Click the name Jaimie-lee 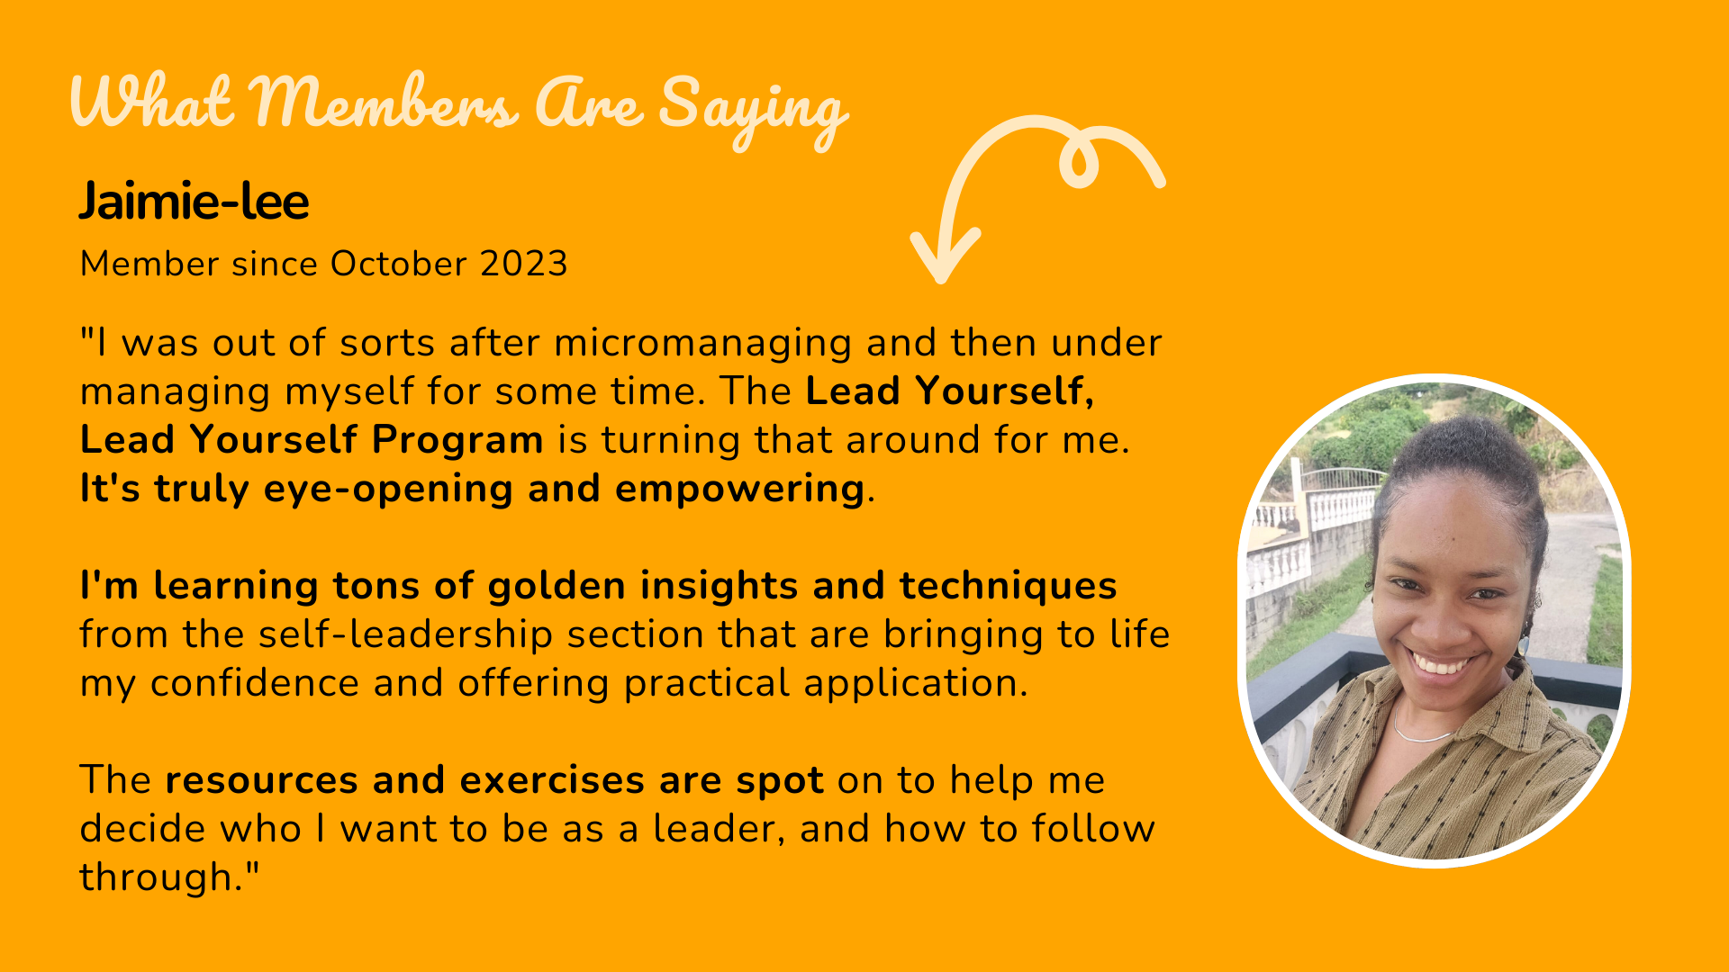tap(194, 201)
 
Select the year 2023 tap(523, 264)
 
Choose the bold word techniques tap(1009, 587)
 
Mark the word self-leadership tap(405, 634)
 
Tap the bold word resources tap(261, 781)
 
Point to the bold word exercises tap(552, 781)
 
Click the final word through tap(169, 877)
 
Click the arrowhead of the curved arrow tap(944, 257)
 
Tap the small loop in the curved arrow tap(1079, 162)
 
